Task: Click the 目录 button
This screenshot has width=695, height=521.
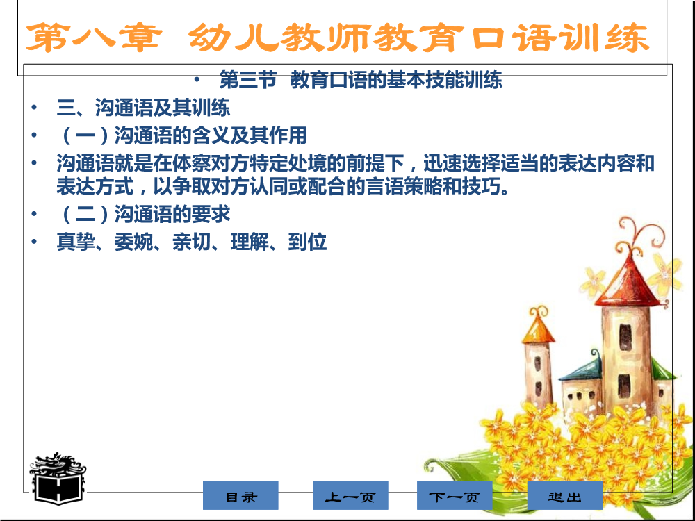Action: coord(240,495)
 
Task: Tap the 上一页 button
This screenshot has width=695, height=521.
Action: coord(350,495)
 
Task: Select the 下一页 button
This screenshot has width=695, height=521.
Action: coord(455,495)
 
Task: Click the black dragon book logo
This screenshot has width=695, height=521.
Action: coord(58,479)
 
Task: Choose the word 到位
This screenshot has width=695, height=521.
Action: coord(308,242)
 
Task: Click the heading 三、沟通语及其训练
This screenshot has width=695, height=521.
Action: coord(143,108)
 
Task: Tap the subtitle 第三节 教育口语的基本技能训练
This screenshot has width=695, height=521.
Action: coord(361,80)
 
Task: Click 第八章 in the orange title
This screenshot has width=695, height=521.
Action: coord(94,38)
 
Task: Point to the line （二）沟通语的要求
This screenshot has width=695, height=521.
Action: coord(143,215)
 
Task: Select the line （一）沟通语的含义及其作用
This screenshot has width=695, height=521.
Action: coord(181,135)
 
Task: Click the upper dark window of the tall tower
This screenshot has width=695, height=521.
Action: coord(625,337)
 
